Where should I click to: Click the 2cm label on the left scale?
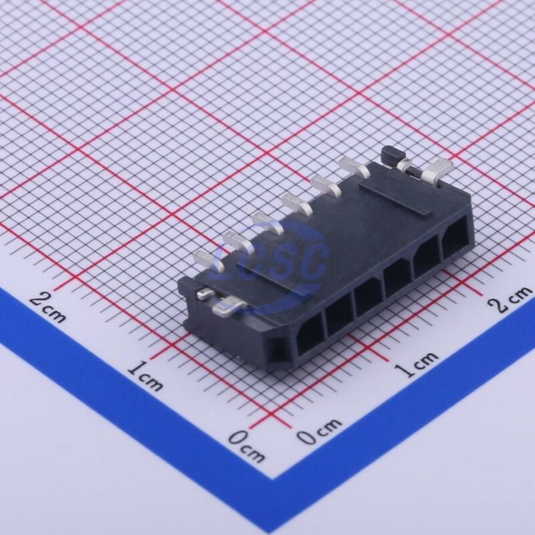tap(47, 308)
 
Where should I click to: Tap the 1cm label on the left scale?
tap(146, 376)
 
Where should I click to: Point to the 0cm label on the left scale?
tap(246, 446)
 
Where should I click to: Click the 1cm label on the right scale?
tap(417, 364)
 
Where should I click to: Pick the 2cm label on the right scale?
tap(511, 300)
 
